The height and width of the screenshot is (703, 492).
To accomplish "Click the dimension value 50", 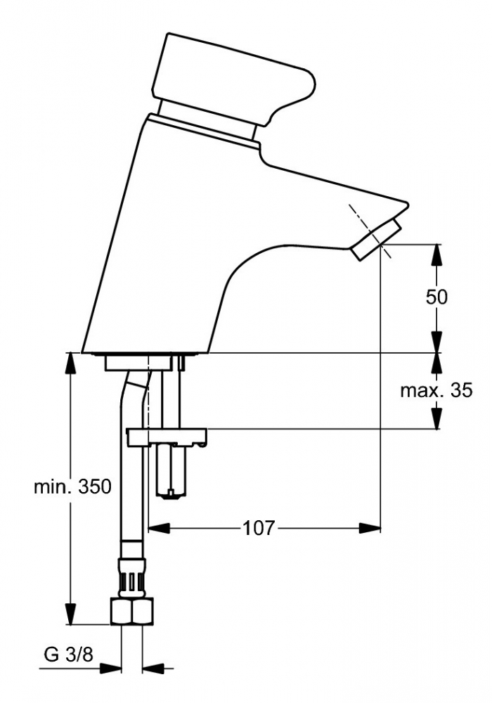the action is pos(436,297).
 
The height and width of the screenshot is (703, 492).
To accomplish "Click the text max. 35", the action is pos(436,390).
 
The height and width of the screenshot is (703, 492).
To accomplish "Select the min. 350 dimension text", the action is pos(72,486).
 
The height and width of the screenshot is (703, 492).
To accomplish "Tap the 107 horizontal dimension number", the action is pos(258,528).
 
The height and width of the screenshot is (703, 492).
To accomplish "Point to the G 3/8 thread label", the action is pos(69,655).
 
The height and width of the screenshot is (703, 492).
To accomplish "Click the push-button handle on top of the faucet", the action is pos(233,79).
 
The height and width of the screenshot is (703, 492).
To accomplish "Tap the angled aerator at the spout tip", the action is pos(375,240).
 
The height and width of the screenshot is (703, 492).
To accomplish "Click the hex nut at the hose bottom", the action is pos(131,612).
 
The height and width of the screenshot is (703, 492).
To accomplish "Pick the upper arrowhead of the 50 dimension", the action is pos(436,255).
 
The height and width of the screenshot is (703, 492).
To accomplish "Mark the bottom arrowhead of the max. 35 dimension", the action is pos(436,418).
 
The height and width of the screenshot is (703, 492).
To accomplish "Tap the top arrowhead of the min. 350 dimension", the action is pos(70,363).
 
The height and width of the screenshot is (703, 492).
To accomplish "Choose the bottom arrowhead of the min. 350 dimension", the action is pos(70,613).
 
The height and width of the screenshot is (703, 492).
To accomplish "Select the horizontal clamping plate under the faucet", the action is pos(167,437).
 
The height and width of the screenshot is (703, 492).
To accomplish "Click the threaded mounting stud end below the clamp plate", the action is pos(171,472).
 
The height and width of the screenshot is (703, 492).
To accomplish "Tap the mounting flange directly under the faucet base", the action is pos(138,363).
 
